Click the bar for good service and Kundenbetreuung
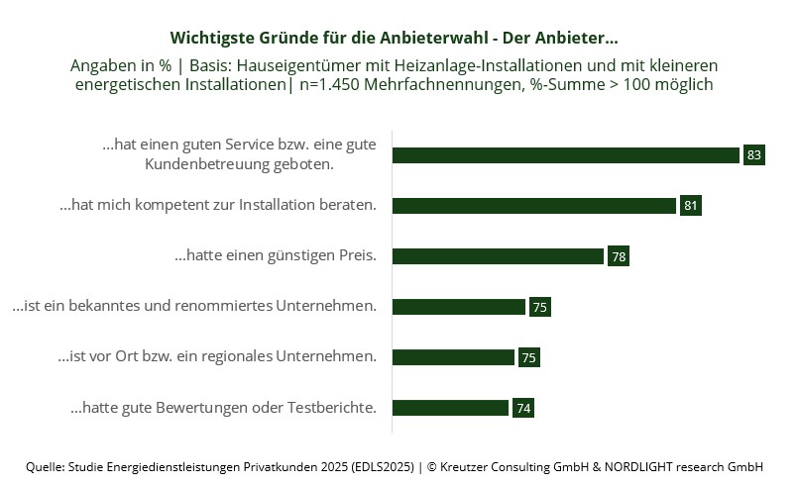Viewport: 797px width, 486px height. click(x=565, y=155)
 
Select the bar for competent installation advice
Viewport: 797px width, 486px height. click(x=534, y=206)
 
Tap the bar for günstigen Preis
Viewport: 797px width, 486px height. click(x=498, y=256)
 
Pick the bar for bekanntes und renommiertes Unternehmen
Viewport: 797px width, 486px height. click(x=458, y=307)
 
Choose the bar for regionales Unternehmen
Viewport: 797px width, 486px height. click(x=453, y=357)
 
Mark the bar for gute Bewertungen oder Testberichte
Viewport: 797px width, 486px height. click(x=450, y=408)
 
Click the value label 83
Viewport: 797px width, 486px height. click(x=754, y=155)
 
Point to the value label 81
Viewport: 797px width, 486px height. click(x=691, y=206)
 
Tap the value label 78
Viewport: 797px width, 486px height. click(x=619, y=256)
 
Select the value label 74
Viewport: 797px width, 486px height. click(x=523, y=408)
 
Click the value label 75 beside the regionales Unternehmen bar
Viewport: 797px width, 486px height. click(x=528, y=357)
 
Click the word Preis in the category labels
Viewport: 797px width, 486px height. click(x=355, y=255)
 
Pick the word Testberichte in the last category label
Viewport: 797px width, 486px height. click(x=331, y=407)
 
